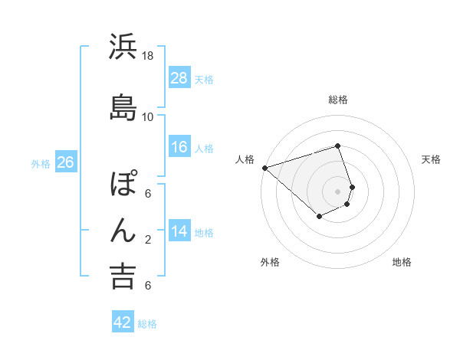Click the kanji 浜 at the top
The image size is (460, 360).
[122, 47]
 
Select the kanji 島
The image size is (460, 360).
[122, 107]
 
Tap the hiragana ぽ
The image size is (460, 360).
[123, 185]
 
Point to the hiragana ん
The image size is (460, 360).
[122, 230]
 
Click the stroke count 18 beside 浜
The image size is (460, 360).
[148, 56]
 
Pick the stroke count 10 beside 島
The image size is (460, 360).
[148, 116]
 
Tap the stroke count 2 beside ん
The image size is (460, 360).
[148, 239]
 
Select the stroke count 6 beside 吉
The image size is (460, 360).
[148, 285]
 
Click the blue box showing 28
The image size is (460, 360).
[179, 78]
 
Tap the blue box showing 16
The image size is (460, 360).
[179, 147]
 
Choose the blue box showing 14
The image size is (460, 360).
[179, 231]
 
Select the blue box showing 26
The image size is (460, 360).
[65, 162]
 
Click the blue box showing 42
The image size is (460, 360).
[123, 322]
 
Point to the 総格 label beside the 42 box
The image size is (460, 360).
[147, 324]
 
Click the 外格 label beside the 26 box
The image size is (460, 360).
[41, 163]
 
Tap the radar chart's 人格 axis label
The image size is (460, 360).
[245, 159]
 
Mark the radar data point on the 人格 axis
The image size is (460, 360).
[264, 168]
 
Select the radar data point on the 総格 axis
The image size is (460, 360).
[337, 146]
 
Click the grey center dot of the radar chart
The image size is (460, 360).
[337, 191]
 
